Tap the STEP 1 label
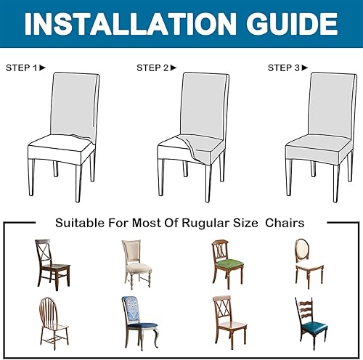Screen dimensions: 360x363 [x=21, y=67]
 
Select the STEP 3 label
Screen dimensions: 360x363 [x=283, y=67]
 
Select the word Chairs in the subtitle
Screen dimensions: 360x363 [x=284, y=222]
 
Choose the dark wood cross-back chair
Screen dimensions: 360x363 [x=51, y=263]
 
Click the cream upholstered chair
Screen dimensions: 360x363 [x=136, y=265]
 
